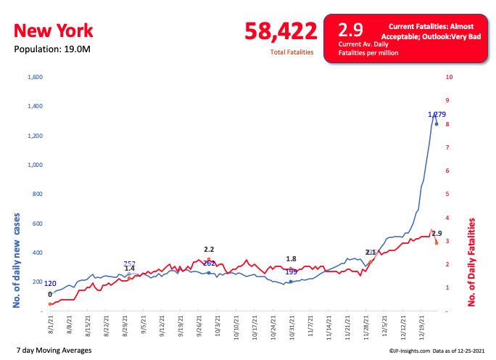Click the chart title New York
tap(53, 31)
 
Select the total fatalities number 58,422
tap(281, 31)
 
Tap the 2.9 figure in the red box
tap(351, 30)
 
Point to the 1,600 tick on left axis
tap(35, 77)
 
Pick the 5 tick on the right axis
tap(448, 195)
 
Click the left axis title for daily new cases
tap(16, 259)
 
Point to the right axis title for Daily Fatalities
tap(472, 263)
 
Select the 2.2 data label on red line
tap(209, 250)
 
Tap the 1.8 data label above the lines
tap(291, 259)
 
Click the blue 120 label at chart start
tap(51, 284)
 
